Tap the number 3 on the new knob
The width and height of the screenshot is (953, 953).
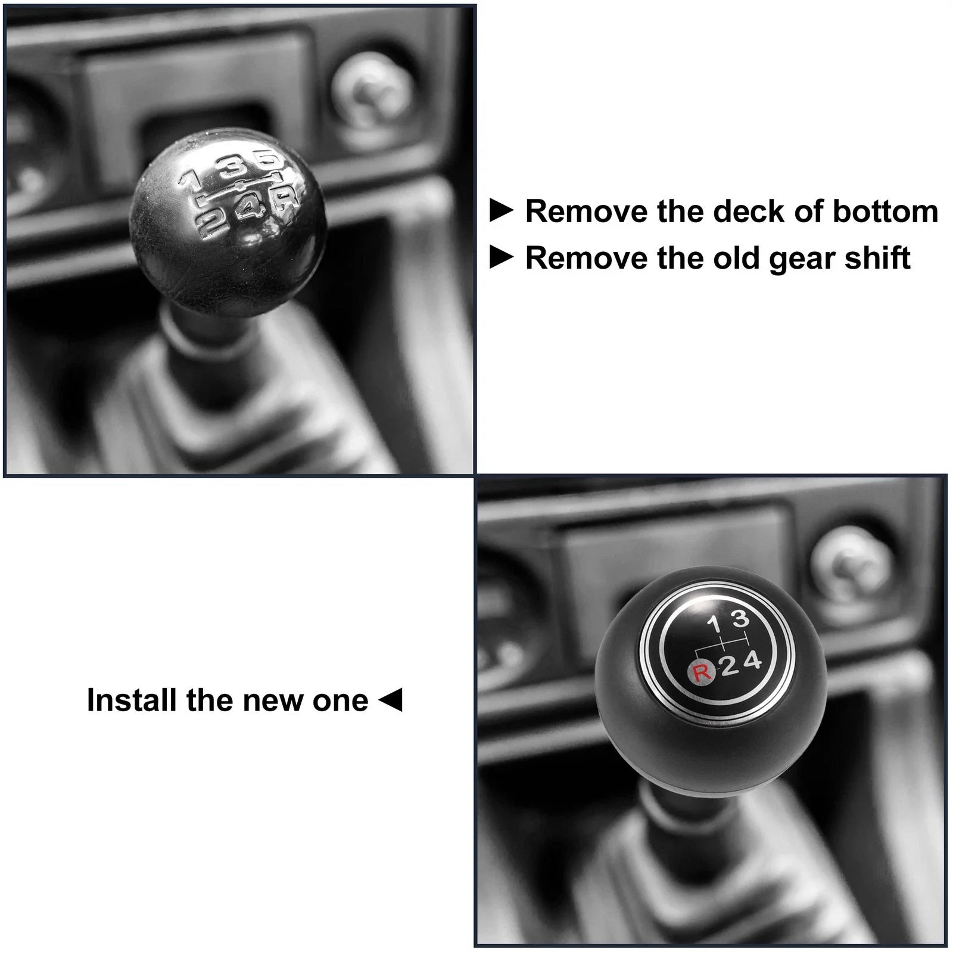pyautogui.click(x=740, y=619)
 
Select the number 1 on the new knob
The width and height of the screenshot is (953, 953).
pyautogui.click(x=714, y=625)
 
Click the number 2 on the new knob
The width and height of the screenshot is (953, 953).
pyautogui.click(x=730, y=667)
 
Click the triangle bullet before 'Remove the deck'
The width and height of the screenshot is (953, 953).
pyautogui.click(x=501, y=211)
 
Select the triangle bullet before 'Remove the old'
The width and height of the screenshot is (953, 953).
pyautogui.click(x=501, y=257)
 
